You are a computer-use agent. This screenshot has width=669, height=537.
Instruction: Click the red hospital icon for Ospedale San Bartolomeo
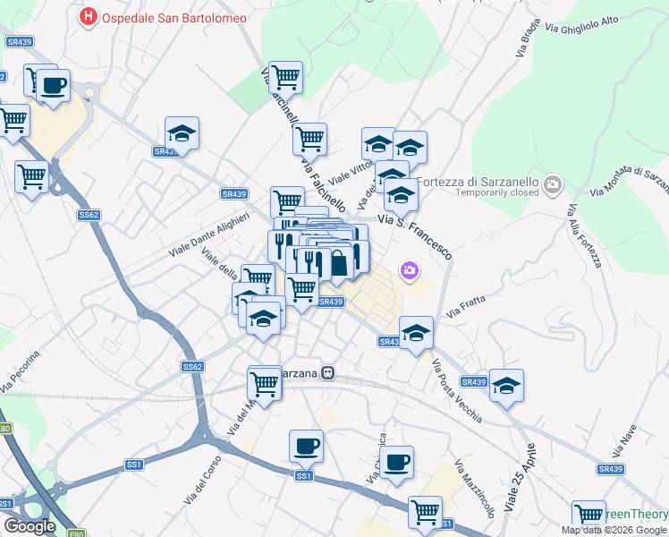[89, 16]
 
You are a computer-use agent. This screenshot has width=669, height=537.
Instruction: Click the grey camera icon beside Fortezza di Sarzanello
[553, 184]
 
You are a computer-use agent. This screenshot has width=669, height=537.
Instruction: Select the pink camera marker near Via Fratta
[410, 269]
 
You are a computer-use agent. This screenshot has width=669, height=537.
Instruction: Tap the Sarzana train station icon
[329, 372]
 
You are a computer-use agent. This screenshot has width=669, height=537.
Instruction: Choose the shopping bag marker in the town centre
[340, 263]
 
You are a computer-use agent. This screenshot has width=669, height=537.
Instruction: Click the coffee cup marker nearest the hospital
[53, 86]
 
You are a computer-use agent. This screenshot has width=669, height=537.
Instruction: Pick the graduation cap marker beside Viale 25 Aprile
[506, 386]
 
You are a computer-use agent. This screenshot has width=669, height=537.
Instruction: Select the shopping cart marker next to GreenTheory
[589, 515]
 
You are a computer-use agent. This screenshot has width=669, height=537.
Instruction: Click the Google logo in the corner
[30, 526]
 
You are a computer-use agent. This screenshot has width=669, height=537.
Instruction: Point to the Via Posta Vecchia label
[457, 391]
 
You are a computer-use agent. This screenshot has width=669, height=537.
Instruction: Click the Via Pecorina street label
[23, 371]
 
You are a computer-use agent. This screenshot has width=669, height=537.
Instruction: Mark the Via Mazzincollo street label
[475, 491]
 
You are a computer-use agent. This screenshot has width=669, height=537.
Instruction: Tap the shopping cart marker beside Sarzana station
[265, 383]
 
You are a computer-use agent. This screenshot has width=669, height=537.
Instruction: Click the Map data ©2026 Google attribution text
[614, 530]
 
